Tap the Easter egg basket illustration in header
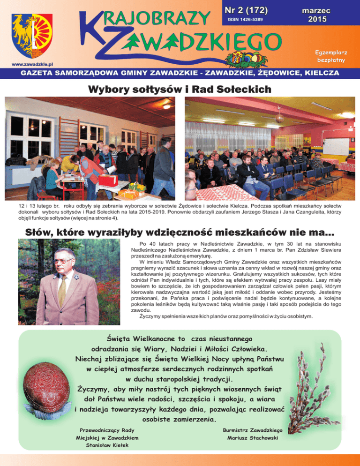242,57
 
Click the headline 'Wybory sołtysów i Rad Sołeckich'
180,89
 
